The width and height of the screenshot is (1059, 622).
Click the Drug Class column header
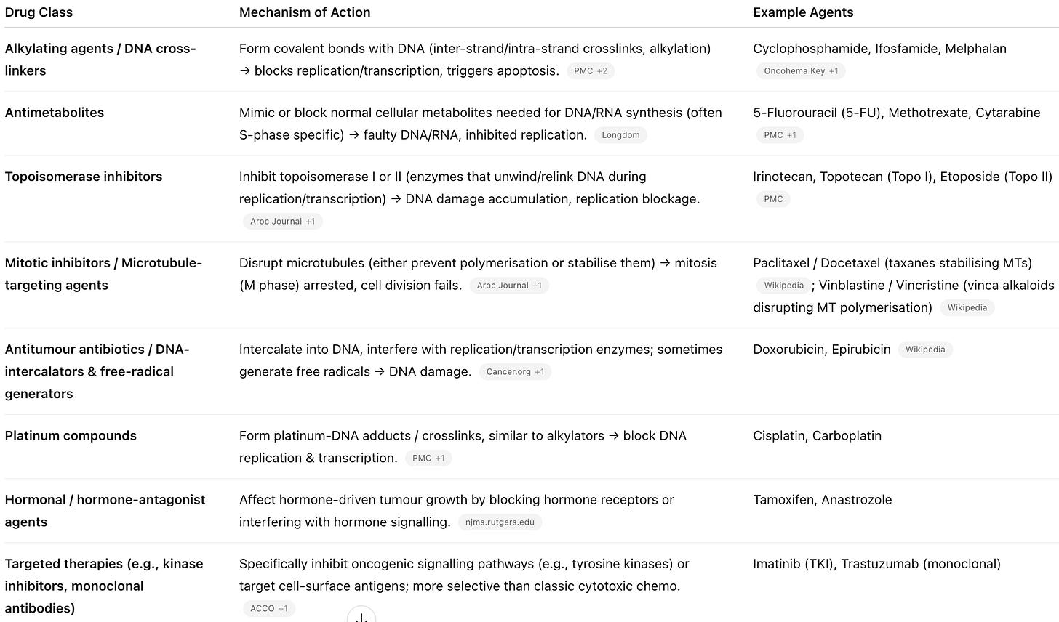(39, 12)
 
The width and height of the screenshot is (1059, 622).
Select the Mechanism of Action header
(305, 12)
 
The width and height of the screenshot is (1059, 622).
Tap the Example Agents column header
(803, 12)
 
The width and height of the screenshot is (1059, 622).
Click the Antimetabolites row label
(55, 113)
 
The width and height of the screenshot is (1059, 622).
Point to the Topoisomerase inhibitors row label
(84, 177)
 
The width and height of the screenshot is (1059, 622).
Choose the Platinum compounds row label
(71, 436)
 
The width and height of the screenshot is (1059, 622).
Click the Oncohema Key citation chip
(800, 71)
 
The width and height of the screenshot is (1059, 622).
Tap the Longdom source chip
(620, 135)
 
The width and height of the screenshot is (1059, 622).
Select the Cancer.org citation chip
(515, 372)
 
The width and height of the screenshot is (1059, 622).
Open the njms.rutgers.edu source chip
(500, 522)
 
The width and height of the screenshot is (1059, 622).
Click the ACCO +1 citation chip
(268, 609)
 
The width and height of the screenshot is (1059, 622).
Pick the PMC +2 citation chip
(590, 71)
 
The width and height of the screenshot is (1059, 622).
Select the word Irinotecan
(783, 177)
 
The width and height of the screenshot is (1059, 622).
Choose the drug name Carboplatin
(847, 436)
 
